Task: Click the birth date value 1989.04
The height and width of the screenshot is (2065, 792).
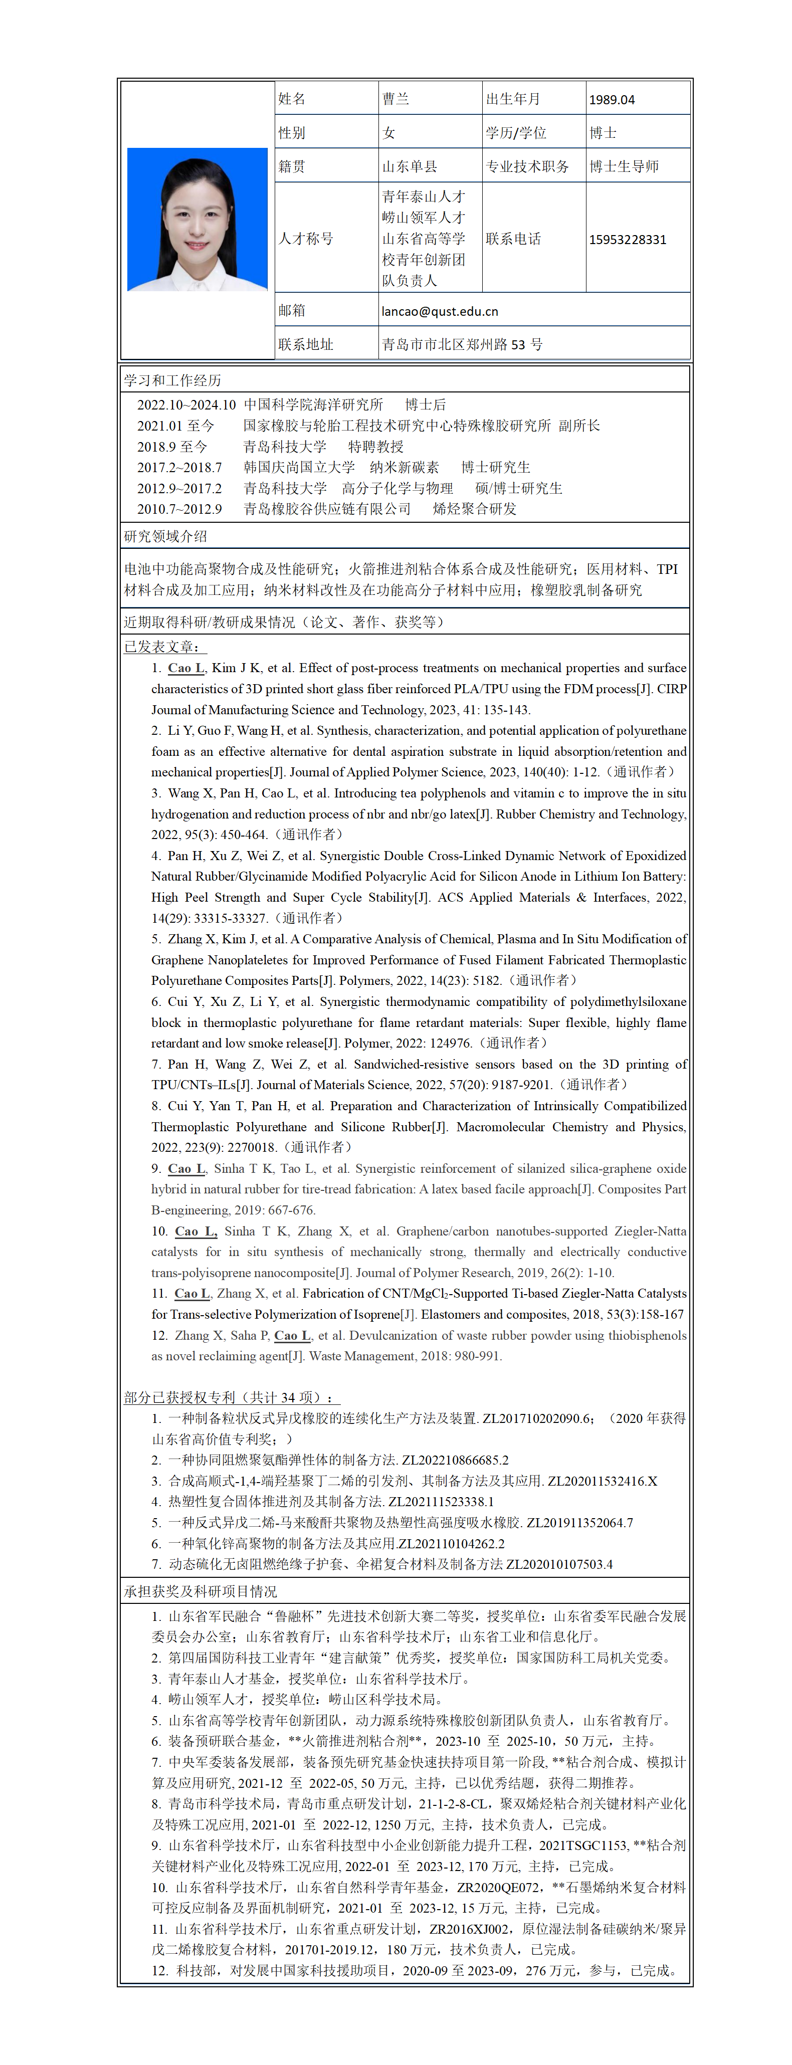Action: pos(612,99)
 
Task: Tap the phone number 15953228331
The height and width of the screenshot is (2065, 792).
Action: pos(627,239)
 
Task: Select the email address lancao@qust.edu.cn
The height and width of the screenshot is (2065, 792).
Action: pos(439,311)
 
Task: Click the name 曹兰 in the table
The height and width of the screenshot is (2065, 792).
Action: pos(395,99)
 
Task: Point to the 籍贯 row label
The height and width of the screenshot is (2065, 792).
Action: pos(292,166)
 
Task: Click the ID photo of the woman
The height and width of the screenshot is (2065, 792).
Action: pos(197,219)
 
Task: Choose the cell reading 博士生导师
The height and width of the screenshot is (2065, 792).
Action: pos(624,166)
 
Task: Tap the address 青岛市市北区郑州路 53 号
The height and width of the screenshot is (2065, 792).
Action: pos(462,344)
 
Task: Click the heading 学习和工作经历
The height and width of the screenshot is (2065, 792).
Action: pos(172,380)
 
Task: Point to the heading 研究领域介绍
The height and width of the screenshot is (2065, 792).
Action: pos(165,536)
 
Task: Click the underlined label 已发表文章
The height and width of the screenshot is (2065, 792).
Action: pos(163,646)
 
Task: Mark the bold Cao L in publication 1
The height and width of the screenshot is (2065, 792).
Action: pos(186,668)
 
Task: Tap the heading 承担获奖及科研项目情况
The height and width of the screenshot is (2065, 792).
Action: pos(201,1591)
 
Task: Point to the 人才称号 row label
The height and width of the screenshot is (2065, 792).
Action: pos(305,238)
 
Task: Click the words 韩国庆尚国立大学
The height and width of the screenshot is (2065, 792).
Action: pos(299,467)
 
